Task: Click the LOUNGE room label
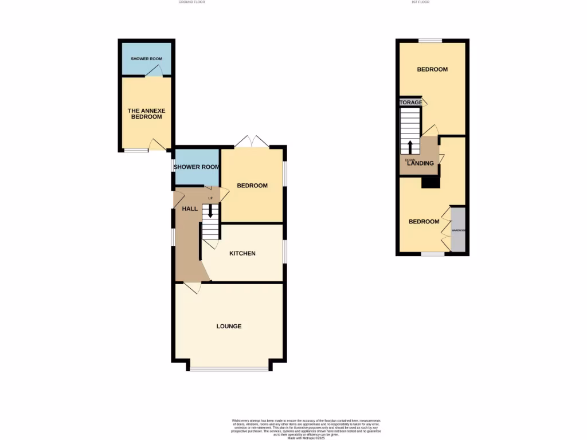point(229,326)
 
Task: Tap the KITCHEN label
point(242,253)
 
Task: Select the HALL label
point(190,209)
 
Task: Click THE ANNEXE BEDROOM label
point(144,113)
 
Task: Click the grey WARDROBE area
point(458,230)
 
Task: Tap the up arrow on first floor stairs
point(410,146)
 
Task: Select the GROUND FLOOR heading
point(191,2)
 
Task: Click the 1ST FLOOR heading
point(421,2)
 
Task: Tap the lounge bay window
point(229,369)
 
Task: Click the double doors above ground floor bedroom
point(253,142)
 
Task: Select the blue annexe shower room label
point(146,59)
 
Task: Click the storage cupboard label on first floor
point(411,103)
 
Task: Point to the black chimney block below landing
point(430,182)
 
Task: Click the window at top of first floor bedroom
point(430,40)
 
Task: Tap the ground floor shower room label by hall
point(197,167)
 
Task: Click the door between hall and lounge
point(193,287)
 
